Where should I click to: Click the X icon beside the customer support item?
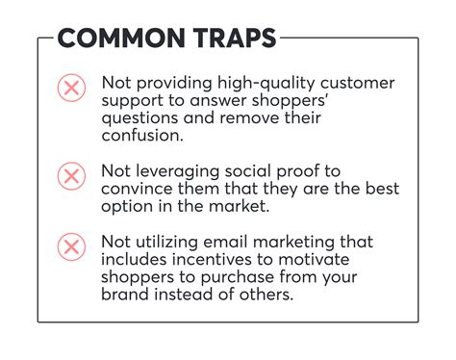[x=71, y=90]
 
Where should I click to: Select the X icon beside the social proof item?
[x=71, y=175]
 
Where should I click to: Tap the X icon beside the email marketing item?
[x=71, y=247]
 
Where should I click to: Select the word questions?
[x=142, y=118]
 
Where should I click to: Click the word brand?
[x=126, y=295]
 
